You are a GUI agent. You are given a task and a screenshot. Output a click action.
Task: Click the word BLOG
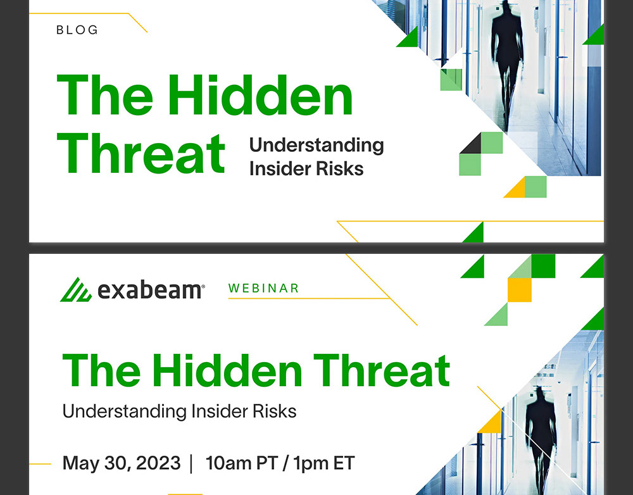[77, 30]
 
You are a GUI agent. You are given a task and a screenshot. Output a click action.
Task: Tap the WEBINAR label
[263, 288]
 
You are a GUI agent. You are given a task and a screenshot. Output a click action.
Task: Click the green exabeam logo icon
[76, 289]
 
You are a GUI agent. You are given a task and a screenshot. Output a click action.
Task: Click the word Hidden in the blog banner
[260, 96]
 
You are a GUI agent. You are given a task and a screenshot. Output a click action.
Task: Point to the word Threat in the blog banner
[141, 154]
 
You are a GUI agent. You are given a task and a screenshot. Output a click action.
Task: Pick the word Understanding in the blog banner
[316, 146]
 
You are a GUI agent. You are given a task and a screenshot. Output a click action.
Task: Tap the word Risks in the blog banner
[340, 169]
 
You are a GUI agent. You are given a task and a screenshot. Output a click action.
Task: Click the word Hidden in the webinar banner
[227, 371]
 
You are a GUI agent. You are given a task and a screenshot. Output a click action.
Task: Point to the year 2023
[158, 463]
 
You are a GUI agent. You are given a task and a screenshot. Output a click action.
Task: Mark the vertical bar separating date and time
[191, 463]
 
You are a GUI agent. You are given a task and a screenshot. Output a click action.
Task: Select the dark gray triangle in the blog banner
[470, 143]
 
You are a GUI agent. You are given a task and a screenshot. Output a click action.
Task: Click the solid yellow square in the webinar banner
[520, 290]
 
